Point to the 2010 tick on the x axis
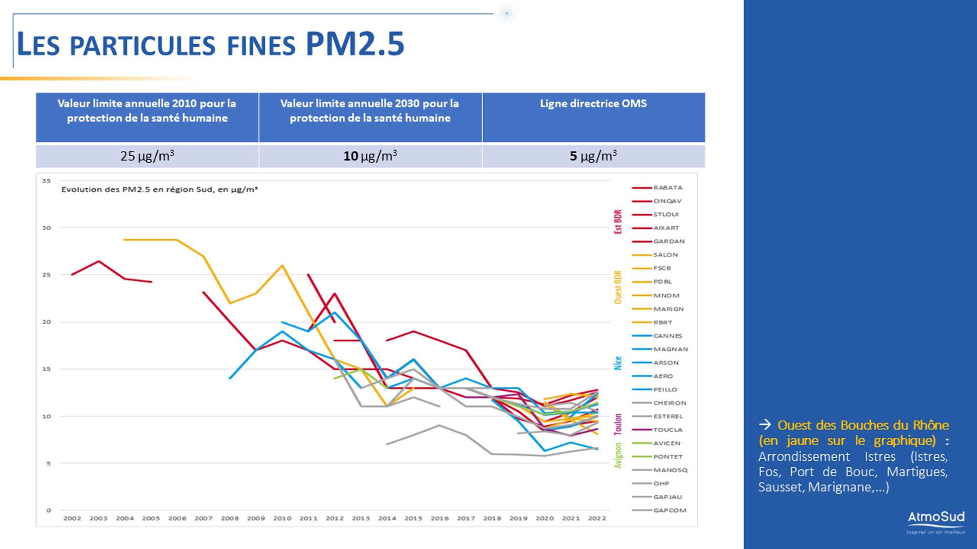(x=282, y=518)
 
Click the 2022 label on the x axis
(x=597, y=518)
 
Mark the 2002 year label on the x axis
(x=72, y=518)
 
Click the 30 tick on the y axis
(x=46, y=228)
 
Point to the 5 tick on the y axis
(x=48, y=463)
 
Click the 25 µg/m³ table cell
(x=147, y=156)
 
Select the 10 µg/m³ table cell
(x=370, y=156)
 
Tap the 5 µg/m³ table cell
(x=593, y=156)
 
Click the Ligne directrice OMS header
(x=593, y=103)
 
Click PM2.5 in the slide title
(x=355, y=44)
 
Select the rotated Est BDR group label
(x=618, y=222)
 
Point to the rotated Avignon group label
(x=618, y=455)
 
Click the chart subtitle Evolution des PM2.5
(x=159, y=189)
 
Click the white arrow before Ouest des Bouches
(x=765, y=425)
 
